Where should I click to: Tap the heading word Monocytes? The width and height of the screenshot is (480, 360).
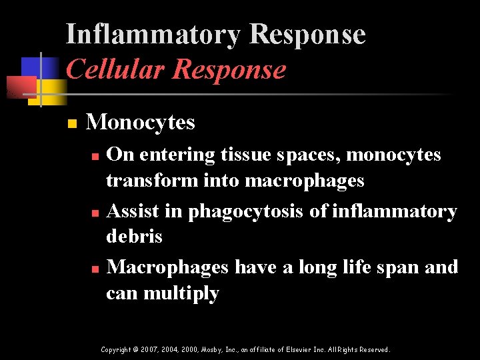click(x=141, y=122)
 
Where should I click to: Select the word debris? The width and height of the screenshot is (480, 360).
click(x=134, y=237)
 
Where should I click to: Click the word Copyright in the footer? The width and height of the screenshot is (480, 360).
click(x=116, y=349)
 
